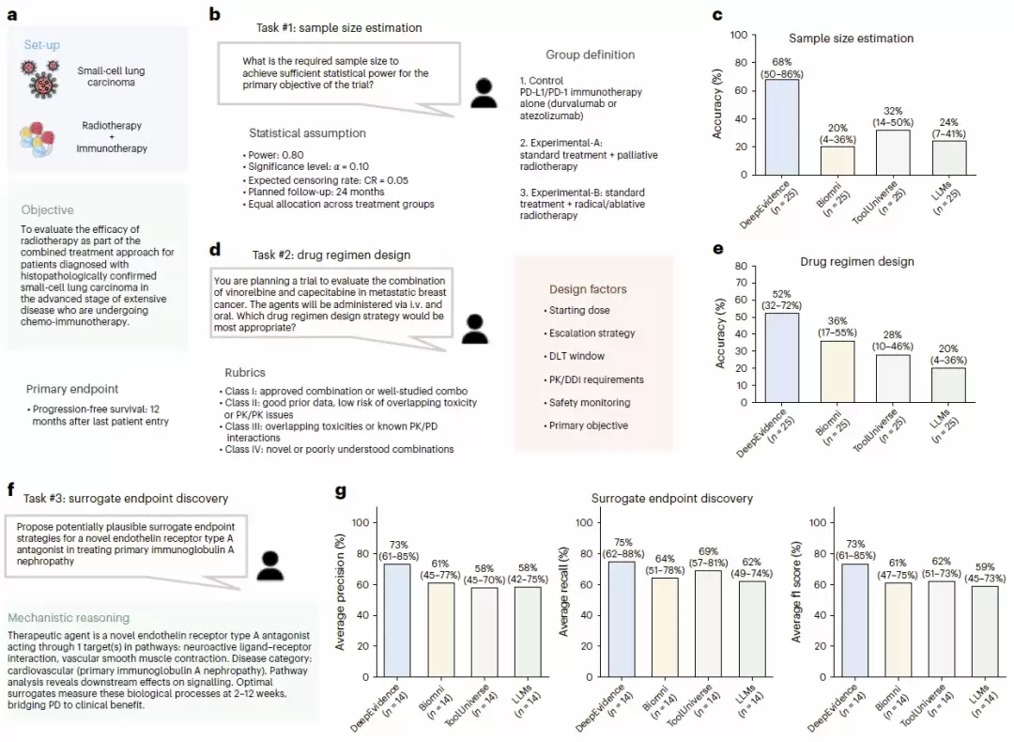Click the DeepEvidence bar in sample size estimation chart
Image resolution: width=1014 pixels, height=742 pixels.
click(782, 127)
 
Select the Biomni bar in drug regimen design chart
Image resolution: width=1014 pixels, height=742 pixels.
click(837, 371)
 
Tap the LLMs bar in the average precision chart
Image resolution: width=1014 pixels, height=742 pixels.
click(528, 632)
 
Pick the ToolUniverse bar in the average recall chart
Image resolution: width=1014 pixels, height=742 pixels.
click(708, 624)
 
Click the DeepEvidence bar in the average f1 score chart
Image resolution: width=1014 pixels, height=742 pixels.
click(855, 621)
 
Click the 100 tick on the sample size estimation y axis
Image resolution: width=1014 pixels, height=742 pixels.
click(739, 35)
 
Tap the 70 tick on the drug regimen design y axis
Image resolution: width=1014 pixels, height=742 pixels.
click(741, 283)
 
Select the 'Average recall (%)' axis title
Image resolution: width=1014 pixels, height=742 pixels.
click(564, 592)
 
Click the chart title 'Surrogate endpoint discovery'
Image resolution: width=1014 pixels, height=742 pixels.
click(672, 498)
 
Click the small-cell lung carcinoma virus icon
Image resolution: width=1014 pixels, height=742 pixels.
click(40, 79)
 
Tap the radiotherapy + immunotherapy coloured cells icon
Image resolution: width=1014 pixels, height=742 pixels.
click(38, 139)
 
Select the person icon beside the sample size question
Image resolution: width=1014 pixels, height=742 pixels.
click(484, 92)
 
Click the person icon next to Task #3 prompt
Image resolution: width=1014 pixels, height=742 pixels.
click(270, 565)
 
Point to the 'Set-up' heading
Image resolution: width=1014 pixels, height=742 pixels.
click(42, 45)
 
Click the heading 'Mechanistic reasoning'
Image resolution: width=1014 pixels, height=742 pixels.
click(69, 618)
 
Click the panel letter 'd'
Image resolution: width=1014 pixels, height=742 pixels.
click(215, 249)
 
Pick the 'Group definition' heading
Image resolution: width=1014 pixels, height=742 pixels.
click(591, 55)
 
